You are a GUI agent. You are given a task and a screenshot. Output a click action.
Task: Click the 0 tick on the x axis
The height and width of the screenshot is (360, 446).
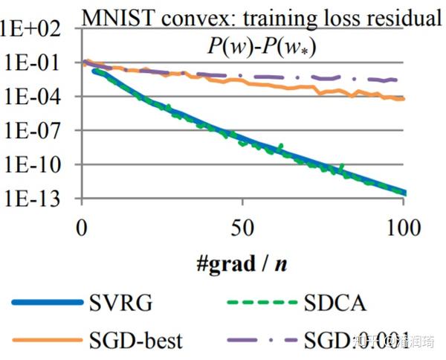(82, 228)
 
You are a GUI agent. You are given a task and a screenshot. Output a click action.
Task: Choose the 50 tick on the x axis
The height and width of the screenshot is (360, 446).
(242, 228)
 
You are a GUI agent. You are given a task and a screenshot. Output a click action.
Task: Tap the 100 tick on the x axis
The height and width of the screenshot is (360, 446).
(401, 228)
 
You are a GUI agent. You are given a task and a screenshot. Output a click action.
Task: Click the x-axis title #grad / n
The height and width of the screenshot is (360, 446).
(242, 263)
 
